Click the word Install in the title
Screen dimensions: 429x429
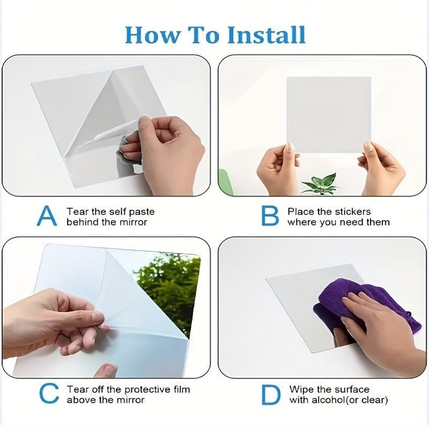[266, 35]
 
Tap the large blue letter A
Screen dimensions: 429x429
[47, 216]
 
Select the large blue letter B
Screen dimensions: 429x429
[270, 216]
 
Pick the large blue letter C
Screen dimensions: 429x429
[49, 394]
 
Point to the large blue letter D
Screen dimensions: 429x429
[271, 395]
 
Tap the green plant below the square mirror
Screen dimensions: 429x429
[321, 183]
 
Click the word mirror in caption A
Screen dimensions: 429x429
[133, 222]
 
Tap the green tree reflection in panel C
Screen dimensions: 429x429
[167, 290]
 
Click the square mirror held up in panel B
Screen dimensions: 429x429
[329, 115]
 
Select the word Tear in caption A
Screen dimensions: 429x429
[78, 211]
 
